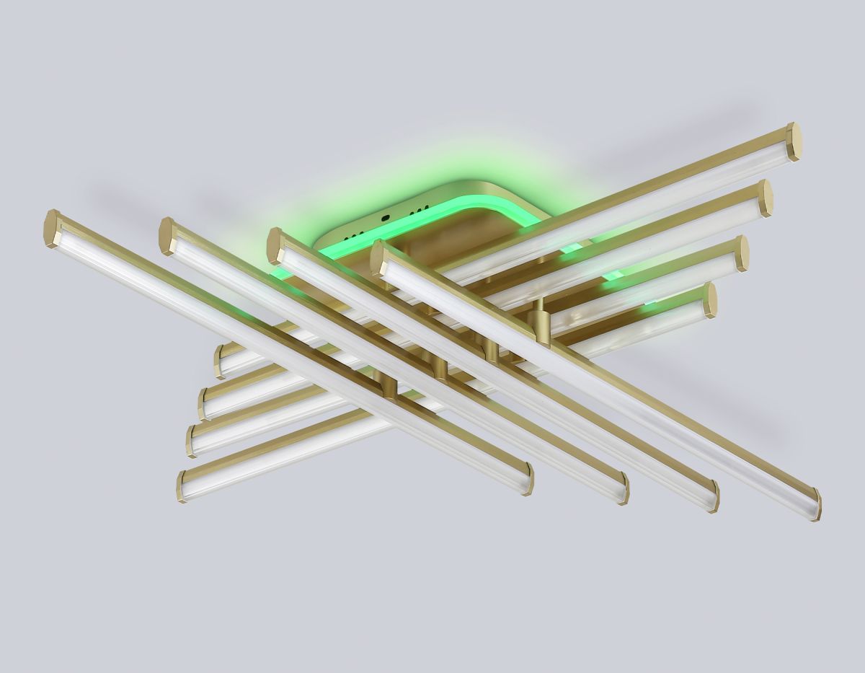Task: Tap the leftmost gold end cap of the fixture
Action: pos(53,229)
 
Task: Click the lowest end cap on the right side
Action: pos(816,504)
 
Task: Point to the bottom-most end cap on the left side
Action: pos(182,486)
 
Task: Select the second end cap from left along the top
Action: pos(167,236)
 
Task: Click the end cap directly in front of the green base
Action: pos(379,260)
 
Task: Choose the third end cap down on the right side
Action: pos(741,253)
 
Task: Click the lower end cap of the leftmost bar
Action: pos(528,479)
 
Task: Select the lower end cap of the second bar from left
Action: pos(623,488)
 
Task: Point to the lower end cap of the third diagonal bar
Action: pos(713,496)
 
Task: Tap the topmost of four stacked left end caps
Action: pos(220,361)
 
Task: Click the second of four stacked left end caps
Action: pos(205,403)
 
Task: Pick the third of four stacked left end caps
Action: pos(192,439)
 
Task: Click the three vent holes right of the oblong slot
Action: pos(416,211)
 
